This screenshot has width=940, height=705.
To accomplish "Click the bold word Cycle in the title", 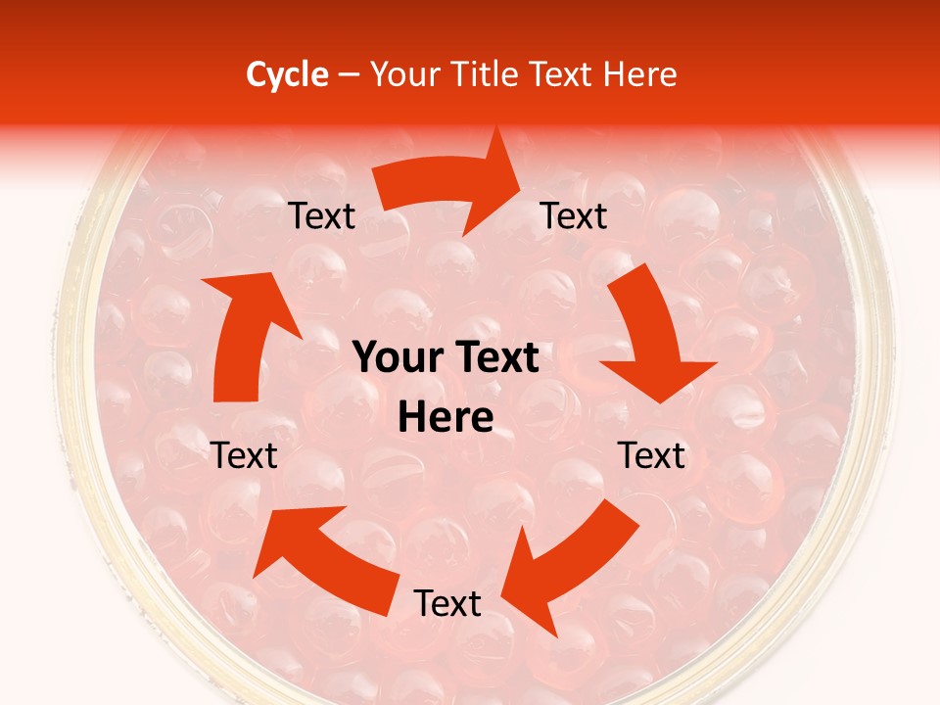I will (287, 74).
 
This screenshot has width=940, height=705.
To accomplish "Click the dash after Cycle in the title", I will (348, 74).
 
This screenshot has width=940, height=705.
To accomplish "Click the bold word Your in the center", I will (397, 358).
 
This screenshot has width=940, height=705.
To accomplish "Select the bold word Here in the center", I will (446, 418).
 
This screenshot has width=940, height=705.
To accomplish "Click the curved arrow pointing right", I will (446, 186).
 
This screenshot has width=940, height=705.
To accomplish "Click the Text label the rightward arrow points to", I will (574, 215).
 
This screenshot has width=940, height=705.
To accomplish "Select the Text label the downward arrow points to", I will (652, 455).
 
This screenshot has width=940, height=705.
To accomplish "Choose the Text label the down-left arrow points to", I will (447, 603).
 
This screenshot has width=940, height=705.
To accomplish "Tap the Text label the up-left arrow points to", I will (245, 455).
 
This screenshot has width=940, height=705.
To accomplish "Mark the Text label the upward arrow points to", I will (322, 215).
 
